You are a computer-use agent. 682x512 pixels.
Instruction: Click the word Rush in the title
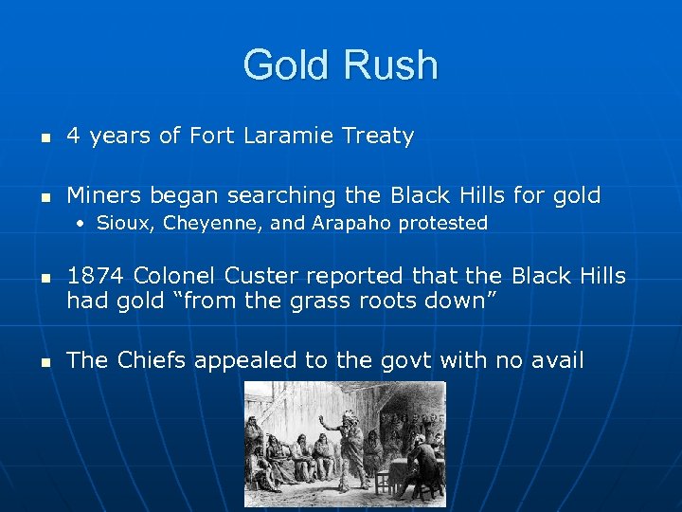pyautogui.click(x=391, y=65)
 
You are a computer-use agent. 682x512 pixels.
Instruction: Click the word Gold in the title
pyautogui.click(x=285, y=65)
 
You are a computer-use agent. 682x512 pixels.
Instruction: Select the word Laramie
pyautogui.click(x=288, y=137)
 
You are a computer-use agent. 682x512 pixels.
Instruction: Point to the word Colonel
pyautogui.click(x=176, y=276)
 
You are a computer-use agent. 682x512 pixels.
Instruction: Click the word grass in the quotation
pyautogui.click(x=322, y=302)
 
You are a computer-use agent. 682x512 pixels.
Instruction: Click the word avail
pyautogui.click(x=557, y=360)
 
